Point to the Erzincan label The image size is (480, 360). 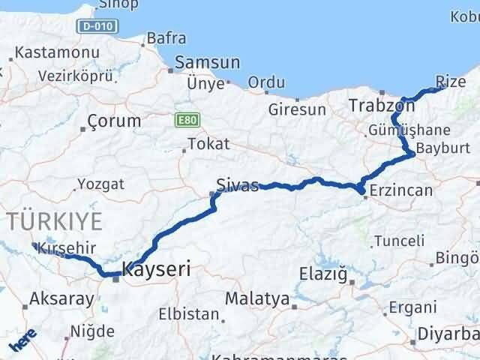coord(401,190)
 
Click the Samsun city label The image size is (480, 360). coord(207,63)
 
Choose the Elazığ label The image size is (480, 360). coord(323,272)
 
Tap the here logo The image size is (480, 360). coord(22,343)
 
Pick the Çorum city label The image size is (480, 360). coord(114,121)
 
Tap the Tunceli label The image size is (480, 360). coord(399,241)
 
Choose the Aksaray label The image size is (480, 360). coord(61,300)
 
